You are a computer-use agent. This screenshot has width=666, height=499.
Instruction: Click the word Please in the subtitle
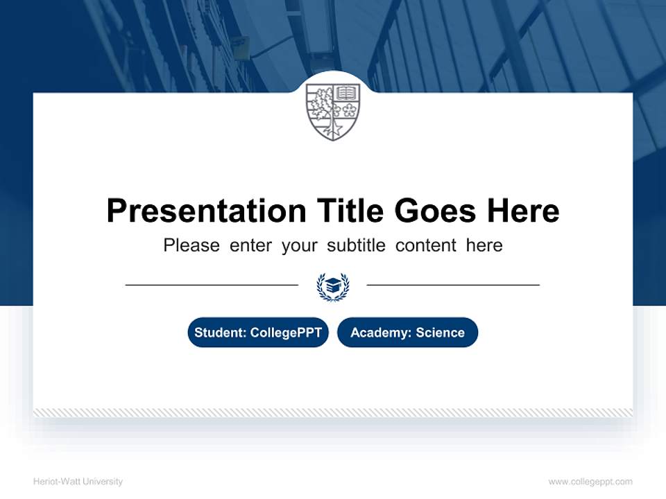coord(191,245)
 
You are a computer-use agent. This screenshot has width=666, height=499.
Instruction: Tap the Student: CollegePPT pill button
coord(258,333)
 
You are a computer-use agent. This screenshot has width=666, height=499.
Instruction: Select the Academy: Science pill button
coord(407,333)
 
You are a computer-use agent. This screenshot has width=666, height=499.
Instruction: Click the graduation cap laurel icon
coord(333,286)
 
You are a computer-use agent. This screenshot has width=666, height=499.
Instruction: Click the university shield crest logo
coord(333,111)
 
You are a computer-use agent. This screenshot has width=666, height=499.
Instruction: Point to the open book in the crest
coord(346,93)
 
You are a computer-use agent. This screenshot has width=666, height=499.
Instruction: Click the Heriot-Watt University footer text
coord(78,482)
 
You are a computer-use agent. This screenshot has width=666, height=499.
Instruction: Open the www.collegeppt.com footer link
coord(590,482)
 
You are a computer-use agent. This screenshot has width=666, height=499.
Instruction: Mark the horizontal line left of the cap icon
coord(212,285)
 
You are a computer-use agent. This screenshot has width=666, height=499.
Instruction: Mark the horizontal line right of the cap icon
coord(453,285)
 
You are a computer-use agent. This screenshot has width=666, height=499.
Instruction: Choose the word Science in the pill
coord(440,333)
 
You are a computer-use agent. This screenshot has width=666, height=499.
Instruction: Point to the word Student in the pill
coord(218,333)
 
